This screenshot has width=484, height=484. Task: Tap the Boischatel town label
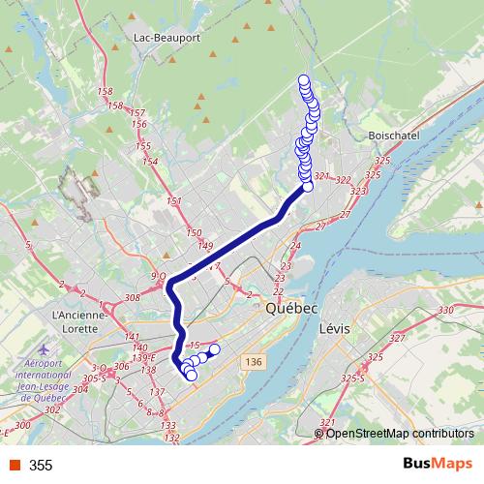tap(394, 136)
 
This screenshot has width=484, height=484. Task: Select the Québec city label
tap(290, 307)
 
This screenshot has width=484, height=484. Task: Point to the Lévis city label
tap(339, 329)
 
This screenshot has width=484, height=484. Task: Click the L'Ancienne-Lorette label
tap(86, 316)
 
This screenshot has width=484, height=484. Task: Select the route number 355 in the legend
tap(41, 466)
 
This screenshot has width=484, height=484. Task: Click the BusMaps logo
tap(438, 465)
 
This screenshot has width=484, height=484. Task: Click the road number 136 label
tap(255, 362)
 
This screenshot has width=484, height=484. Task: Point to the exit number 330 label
tap(445, 310)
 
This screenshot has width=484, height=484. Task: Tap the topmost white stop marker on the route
tap(304, 80)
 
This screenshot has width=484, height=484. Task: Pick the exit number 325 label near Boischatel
tap(382, 161)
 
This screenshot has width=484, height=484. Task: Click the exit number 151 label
tap(175, 201)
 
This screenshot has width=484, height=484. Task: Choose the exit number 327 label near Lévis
tap(395, 339)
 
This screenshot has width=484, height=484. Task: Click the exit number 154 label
tap(149, 162)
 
